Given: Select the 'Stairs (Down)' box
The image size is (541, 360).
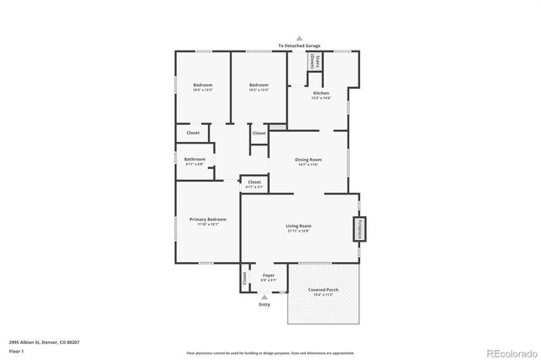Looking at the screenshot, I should coord(314,61).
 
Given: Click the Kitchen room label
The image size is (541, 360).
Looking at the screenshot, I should coord(321,93).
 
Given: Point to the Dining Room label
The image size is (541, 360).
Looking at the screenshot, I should coord(307,160).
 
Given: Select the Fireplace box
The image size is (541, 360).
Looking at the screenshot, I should coord(358,229).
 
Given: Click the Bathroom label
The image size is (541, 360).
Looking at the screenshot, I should coord(195,159).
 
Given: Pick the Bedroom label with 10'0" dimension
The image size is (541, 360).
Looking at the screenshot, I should coord(202,85).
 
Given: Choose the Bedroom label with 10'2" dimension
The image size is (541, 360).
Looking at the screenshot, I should coord(259,85).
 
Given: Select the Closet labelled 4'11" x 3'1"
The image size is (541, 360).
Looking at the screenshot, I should coord(254,183).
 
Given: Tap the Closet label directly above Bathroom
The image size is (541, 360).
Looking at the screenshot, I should coord(193,133).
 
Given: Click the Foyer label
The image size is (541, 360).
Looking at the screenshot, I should coord(268,275).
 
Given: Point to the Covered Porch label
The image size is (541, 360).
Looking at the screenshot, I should coord(324,290).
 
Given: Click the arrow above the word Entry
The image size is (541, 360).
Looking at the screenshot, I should coord(265,297).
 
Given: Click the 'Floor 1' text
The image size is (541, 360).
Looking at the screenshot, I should coord(16,350).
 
